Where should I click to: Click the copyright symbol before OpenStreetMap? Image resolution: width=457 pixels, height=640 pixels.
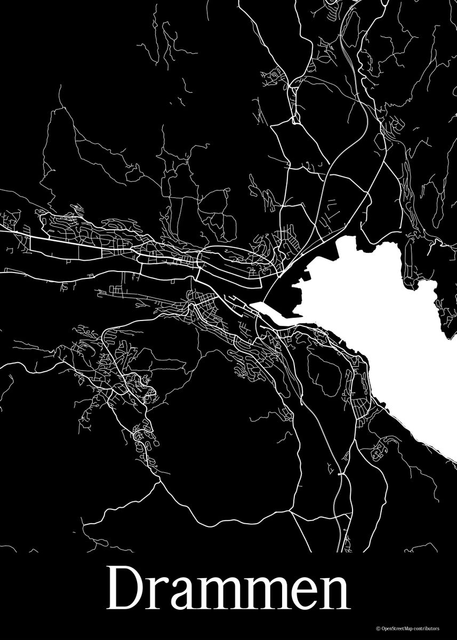[377, 629]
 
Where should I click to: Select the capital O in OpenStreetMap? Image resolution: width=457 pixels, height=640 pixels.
[382, 629]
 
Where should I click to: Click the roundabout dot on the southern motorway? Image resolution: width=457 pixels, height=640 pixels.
[340, 473]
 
